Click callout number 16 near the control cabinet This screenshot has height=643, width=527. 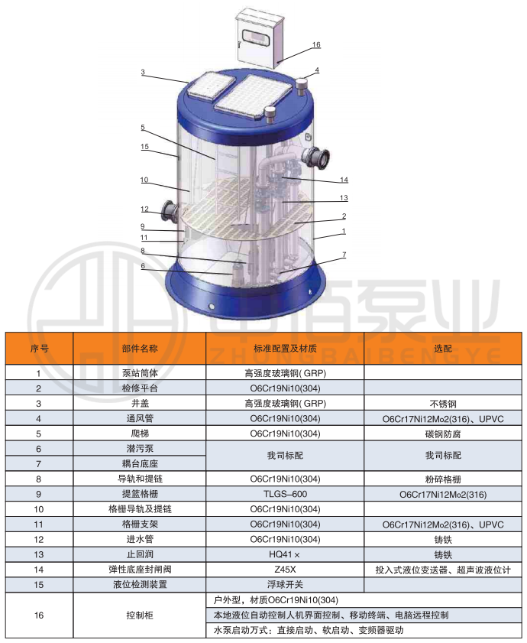316,44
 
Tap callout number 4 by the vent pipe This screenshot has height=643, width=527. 317,70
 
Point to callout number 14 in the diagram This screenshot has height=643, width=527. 344,180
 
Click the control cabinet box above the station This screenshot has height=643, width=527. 260,39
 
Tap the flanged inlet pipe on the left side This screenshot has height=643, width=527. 170,210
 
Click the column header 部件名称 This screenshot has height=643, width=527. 140,349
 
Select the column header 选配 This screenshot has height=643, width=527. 442,349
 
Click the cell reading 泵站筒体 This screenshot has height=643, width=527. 140,373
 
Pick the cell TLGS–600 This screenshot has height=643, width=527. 285,494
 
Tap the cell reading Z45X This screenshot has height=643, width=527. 285,570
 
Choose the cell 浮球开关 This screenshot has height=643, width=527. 285,585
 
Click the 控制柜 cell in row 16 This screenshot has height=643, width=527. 140,615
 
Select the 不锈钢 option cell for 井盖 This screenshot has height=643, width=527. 442,404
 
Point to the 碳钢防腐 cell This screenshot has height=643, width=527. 442,434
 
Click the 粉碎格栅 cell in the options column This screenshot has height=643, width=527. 442,479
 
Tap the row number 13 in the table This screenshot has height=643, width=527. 38,555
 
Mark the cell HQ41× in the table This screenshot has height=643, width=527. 284,554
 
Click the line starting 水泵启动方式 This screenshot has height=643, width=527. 308,630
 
